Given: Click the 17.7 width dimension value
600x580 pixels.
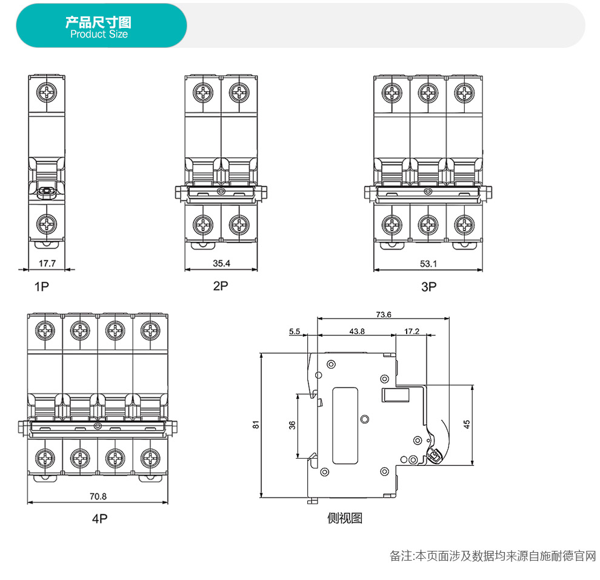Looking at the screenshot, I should (47, 263).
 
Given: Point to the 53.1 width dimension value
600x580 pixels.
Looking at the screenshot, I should (428, 263).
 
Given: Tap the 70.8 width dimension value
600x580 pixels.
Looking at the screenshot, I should (98, 496).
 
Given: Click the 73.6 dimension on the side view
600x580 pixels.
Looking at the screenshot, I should (384, 314).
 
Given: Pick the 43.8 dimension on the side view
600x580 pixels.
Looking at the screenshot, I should (357, 331).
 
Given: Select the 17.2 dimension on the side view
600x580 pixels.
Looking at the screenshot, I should (412, 331).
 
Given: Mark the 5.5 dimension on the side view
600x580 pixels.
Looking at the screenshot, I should (295, 331).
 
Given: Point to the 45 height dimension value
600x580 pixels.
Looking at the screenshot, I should (466, 425).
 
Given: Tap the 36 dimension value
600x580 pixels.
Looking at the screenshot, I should (292, 425).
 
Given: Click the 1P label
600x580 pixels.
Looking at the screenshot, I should (41, 286).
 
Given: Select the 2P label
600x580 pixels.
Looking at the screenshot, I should (221, 286).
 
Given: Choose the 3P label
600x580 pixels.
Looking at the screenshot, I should (428, 286).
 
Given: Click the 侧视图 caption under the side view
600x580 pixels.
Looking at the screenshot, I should (345, 518).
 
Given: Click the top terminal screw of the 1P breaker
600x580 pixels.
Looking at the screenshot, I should (47, 93).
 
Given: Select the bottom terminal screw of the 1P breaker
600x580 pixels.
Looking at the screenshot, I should (47, 224).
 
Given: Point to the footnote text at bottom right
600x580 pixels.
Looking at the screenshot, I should (492, 556).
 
